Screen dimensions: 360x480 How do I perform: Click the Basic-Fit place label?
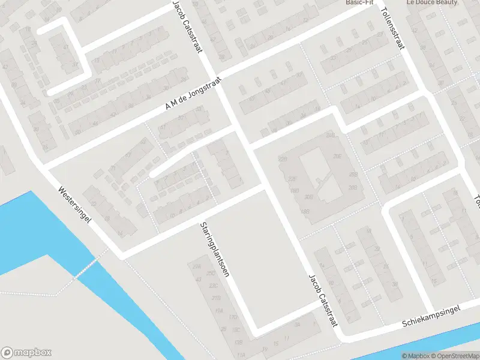point(360,2)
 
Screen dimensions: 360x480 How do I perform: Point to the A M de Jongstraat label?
point(194,94)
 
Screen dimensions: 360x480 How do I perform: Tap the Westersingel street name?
point(74,205)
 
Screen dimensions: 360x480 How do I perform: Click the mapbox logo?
point(26,353)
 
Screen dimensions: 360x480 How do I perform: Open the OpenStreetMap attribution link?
point(457,356)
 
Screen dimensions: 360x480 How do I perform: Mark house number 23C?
point(213,286)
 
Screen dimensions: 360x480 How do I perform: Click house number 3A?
point(297,325)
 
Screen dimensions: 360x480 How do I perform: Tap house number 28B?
point(353,188)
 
